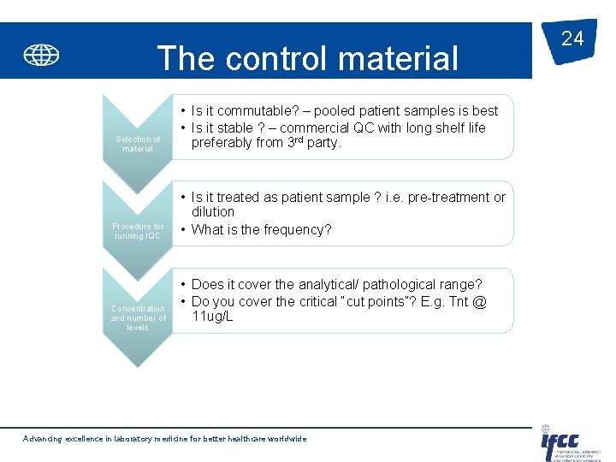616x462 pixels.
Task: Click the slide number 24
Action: tap(572, 38)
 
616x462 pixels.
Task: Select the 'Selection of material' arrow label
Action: tap(138, 144)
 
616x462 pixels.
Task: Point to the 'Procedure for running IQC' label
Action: tap(138, 231)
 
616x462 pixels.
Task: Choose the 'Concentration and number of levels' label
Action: tap(138, 317)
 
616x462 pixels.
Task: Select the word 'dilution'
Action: tap(213, 211)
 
